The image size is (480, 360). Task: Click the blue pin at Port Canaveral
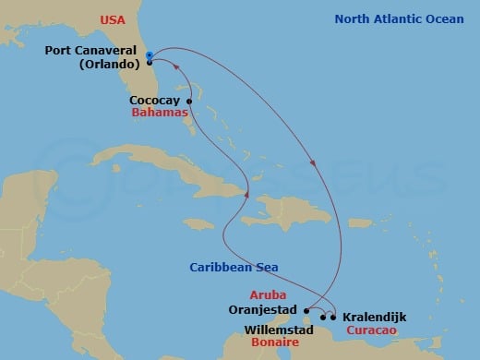point(149,56)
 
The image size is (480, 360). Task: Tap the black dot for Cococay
point(189,101)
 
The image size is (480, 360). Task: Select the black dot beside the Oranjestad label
point(306,311)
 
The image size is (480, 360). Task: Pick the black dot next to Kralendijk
point(333,317)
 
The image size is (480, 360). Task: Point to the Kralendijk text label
point(374,317)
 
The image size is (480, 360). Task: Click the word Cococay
point(154,101)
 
